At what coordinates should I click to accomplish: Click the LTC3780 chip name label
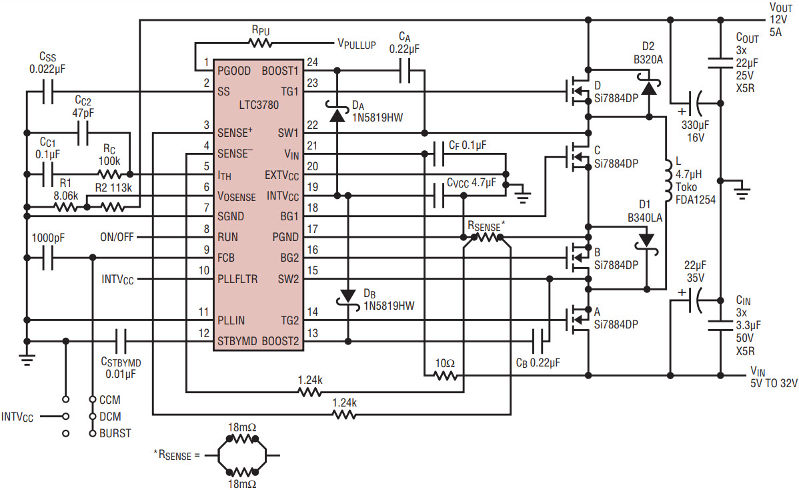[x=259, y=105]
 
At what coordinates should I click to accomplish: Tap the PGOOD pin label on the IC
[x=234, y=71]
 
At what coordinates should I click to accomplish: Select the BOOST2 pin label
[x=280, y=341]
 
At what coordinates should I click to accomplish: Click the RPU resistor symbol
[x=261, y=43]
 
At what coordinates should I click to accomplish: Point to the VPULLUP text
[x=357, y=44]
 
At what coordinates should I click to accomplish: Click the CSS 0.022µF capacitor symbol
[x=47, y=92]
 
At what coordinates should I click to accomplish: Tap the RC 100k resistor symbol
[x=109, y=174]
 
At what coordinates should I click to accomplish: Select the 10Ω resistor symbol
[x=446, y=377]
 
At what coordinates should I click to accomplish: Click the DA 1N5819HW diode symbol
[x=337, y=113]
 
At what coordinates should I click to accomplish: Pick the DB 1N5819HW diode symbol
[x=348, y=297]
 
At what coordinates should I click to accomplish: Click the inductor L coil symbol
[x=668, y=182]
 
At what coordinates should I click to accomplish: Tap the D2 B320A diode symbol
[x=649, y=85]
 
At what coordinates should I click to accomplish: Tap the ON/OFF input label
[x=117, y=237]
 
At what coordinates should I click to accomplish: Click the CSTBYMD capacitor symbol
[x=121, y=341]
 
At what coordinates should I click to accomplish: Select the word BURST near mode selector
[x=115, y=433]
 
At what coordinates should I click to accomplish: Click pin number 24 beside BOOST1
[x=312, y=62]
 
